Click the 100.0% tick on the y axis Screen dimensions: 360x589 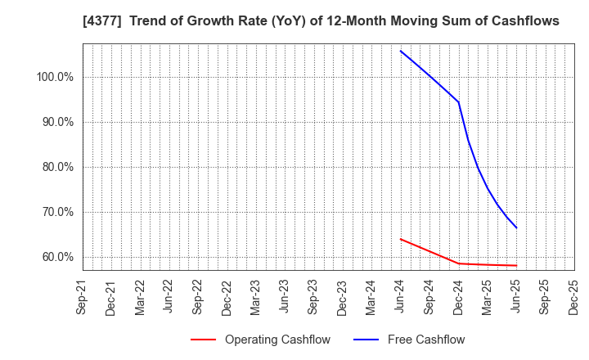tap(55, 77)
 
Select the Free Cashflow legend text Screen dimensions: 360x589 tap(426, 340)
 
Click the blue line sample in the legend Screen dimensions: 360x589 tap(366, 340)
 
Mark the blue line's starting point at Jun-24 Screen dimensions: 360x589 tap(400, 51)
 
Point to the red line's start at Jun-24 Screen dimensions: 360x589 tap(400, 239)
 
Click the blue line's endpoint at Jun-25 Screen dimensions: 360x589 tap(516, 228)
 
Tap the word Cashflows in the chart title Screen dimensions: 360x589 tap(526, 21)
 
